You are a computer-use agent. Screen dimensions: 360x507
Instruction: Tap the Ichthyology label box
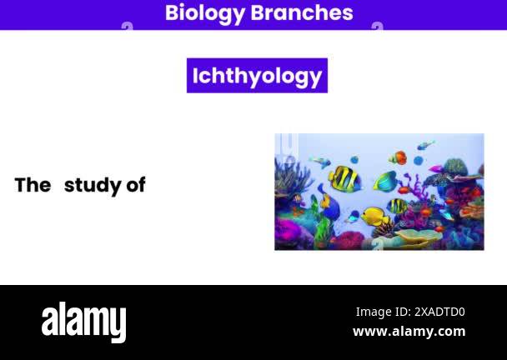tap(257, 76)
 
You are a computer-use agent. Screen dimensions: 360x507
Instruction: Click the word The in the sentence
tap(33, 185)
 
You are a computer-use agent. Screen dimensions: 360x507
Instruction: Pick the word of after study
tap(136, 185)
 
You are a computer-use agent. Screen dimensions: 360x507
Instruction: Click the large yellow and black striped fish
tap(344, 178)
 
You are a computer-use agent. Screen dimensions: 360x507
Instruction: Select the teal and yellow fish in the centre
tap(384, 181)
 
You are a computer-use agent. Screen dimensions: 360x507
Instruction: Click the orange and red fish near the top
tap(399, 157)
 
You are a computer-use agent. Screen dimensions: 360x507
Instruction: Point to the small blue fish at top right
tap(425, 146)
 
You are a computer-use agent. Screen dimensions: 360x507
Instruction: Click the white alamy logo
tap(83, 322)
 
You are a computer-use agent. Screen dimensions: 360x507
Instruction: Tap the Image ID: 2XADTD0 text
tap(409, 312)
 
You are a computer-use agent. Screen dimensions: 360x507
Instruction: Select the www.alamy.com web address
tap(409, 331)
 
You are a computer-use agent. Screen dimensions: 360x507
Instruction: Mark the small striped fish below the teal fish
tap(398, 205)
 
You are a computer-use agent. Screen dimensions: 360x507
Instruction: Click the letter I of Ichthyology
tap(195, 76)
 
